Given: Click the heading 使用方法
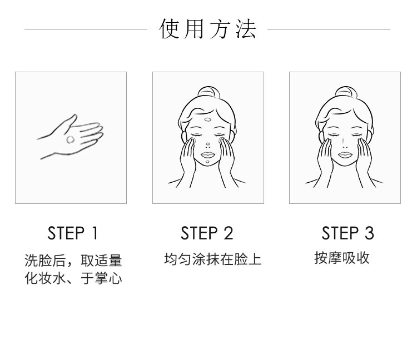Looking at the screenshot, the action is point(207,29).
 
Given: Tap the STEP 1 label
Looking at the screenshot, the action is point(73,233).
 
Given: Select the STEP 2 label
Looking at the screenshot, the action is point(207,233).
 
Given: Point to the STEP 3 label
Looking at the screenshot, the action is point(348,233).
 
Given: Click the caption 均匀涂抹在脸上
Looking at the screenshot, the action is point(213,259).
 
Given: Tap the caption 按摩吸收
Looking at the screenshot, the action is point(342,258).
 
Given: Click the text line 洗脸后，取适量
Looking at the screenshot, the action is point(73,261).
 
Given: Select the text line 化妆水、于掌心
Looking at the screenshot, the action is point(73,278).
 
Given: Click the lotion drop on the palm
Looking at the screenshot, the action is point(71,139).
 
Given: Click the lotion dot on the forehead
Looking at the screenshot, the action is point(208,120).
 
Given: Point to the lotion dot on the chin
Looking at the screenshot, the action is point(207,162).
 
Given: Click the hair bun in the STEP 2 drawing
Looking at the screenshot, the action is point(207,91).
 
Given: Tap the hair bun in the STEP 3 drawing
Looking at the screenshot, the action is point(344,91).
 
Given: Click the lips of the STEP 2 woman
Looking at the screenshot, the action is point(208,154).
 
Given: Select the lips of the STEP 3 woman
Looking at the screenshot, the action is point(345,154).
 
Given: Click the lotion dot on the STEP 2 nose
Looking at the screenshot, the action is point(208,145).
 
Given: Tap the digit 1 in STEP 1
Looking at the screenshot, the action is point(95,233).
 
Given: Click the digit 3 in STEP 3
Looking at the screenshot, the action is point(369,233).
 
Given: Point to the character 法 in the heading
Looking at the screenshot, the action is point(246,29).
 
